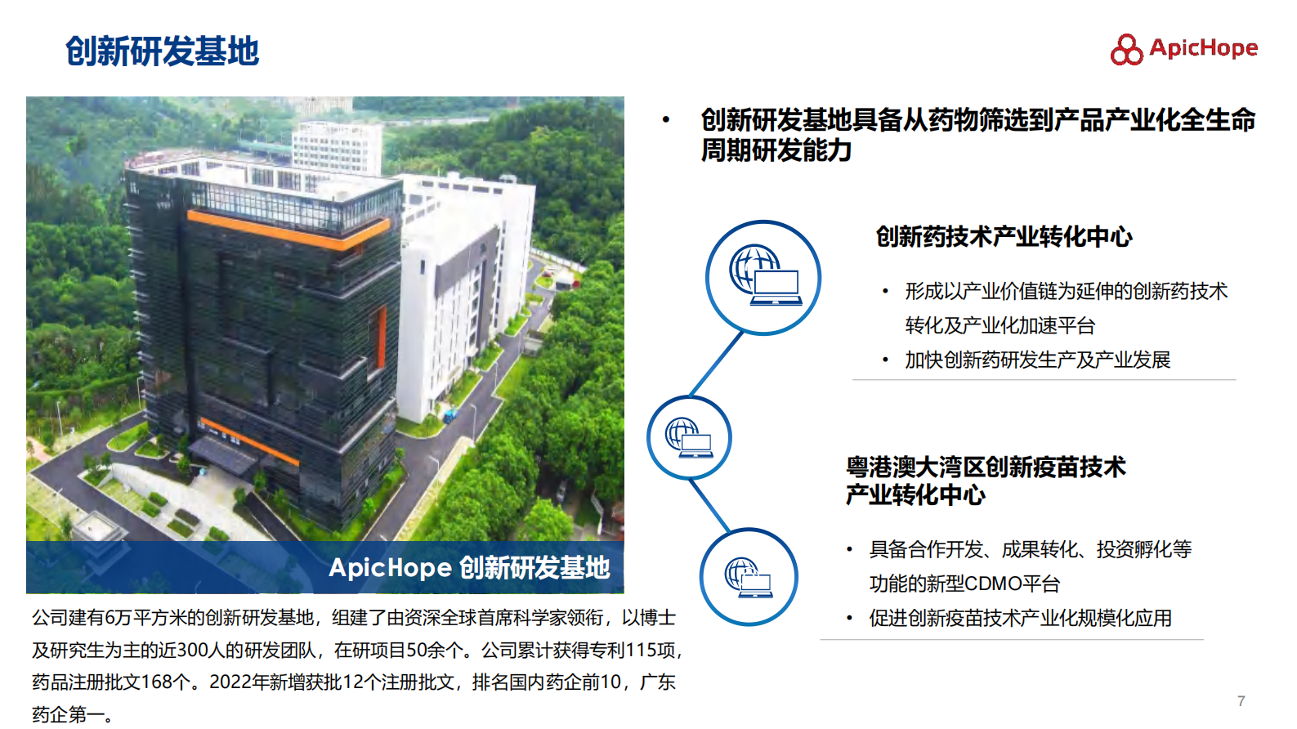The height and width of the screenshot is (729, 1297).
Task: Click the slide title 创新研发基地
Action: click(x=162, y=51)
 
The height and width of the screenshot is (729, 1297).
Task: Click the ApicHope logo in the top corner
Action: click(x=1183, y=49)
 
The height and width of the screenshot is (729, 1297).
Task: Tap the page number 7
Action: click(x=1241, y=701)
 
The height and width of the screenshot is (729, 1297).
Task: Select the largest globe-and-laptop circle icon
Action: click(x=763, y=277)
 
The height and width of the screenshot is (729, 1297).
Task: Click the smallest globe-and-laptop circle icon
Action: click(x=689, y=437)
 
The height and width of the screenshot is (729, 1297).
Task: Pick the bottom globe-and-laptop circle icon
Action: click(x=748, y=577)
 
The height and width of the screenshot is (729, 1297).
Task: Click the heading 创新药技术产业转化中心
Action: click(x=1004, y=237)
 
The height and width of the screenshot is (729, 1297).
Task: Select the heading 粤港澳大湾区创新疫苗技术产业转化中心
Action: click(x=985, y=481)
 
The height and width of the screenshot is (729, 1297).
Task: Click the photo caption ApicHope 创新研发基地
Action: click(x=469, y=567)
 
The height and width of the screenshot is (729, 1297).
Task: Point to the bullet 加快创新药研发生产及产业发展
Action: click(x=1037, y=360)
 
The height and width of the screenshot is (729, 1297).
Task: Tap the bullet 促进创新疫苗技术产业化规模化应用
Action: click(x=1020, y=618)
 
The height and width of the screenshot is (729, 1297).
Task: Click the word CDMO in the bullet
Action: click(x=992, y=584)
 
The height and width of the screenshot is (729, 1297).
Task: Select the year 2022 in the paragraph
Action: click(x=231, y=682)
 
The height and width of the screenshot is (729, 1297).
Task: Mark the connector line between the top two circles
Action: click(x=717, y=364)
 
